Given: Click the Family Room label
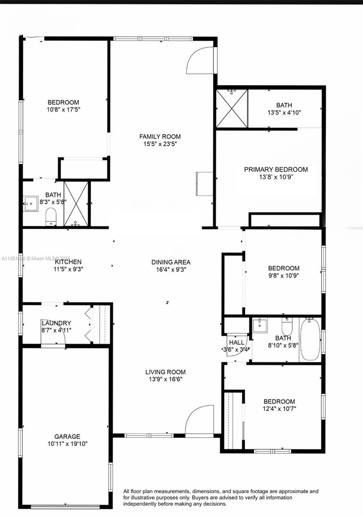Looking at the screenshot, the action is pos(160,137).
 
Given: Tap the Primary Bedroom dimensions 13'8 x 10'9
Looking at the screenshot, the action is pos(276,177).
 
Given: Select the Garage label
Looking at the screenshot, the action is pos(67,436).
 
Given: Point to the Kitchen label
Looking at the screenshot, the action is pos(68,262).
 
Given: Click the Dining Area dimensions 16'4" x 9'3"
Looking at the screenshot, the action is pos(171,269).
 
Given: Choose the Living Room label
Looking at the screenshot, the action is pos(165,372).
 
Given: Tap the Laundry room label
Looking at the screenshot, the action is pos(56,323).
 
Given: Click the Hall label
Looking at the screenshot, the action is pos(237,342).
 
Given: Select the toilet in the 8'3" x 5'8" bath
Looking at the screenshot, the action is pos(51,217).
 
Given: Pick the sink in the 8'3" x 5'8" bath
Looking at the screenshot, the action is pos(31,203).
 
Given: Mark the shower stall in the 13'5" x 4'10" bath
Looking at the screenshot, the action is pos(232,108).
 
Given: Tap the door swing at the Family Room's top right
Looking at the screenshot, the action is pos(201,60).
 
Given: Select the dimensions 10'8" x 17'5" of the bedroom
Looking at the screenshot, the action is pos(63,109).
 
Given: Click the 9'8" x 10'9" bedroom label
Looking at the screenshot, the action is pos(284,268).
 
